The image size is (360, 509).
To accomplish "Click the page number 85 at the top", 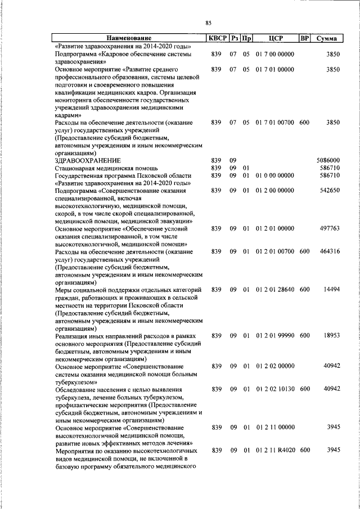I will pyautogui.click(x=208, y=23).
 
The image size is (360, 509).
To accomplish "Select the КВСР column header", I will pyautogui.click(x=217, y=38).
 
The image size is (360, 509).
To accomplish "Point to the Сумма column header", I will pyautogui.click(x=326, y=38).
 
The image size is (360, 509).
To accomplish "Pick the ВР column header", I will pyautogui.click(x=304, y=38).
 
